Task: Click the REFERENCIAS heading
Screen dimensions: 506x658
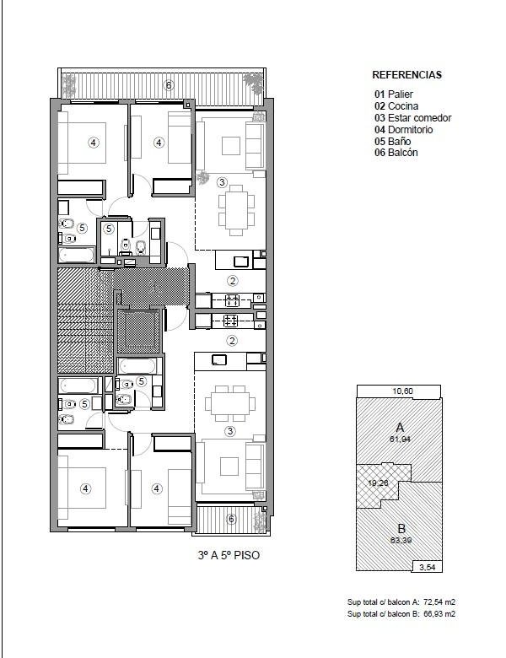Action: pos(407,75)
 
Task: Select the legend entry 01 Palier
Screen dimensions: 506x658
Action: pos(394,94)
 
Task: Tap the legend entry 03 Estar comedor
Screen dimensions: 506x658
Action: pos(413,118)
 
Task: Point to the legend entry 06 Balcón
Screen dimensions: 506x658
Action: pos(396,153)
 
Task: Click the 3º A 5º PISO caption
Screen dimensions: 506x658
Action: pos(229,555)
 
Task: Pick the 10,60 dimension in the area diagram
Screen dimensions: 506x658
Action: pos(403,391)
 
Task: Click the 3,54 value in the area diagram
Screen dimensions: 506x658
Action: pos(428,568)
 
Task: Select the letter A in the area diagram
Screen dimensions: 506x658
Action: pos(400,428)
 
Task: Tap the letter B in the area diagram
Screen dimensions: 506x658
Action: pos(401,529)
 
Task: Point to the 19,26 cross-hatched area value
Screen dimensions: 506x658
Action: pos(378,483)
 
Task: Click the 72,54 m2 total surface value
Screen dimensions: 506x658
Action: pos(439,602)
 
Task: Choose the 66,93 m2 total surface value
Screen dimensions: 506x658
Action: pos(439,614)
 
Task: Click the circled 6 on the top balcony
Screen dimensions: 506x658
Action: pos(169,85)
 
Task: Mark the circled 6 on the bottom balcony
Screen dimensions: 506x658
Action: pos(231,519)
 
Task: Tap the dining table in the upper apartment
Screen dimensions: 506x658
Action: pos(236,208)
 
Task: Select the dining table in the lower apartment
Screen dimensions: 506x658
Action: pos(230,403)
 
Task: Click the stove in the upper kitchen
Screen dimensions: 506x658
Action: pos(232,300)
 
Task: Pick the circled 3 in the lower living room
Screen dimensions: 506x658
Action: pos(230,431)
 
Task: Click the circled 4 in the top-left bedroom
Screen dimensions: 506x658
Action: pos(93,143)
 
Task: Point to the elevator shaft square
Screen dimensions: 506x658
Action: pos(138,332)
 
